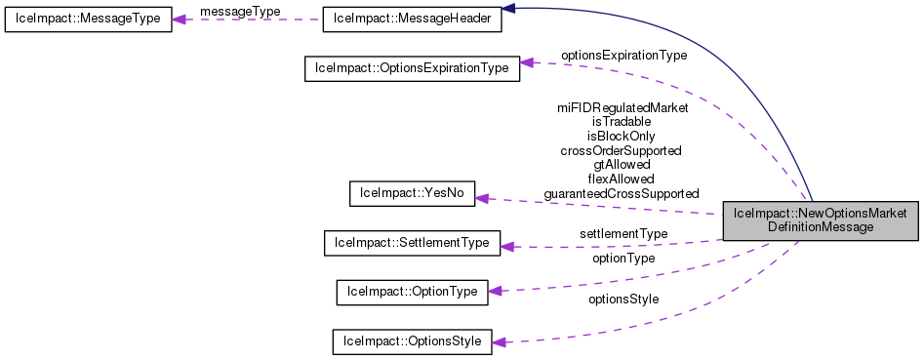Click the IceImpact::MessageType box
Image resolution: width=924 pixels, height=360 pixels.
tap(88, 20)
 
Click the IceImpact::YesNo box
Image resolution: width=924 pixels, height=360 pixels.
tap(411, 194)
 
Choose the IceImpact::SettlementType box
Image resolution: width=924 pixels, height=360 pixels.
tap(411, 242)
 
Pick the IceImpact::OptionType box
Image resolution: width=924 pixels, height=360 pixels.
tap(411, 292)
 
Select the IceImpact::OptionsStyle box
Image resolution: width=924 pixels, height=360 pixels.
tap(411, 341)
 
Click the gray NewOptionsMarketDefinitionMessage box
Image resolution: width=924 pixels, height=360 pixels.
tap(821, 220)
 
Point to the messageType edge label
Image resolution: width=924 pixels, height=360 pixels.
tap(240, 10)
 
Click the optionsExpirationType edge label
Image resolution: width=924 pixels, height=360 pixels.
tap(623, 56)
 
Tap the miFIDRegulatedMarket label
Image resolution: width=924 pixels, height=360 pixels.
tap(622, 107)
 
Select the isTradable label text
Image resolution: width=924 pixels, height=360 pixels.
tap(622, 122)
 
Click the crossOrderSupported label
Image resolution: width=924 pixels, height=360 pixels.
tap(621, 150)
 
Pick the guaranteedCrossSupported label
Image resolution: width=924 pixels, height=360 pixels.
tap(621, 193)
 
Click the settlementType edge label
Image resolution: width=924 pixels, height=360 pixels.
tap(623, 234)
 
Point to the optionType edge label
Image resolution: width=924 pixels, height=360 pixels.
tap(623, 259)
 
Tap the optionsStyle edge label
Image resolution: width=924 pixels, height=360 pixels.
tap(623, 300)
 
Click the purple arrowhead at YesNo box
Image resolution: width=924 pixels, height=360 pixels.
tap(481, 199)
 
